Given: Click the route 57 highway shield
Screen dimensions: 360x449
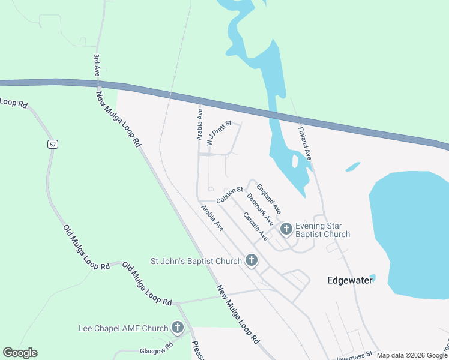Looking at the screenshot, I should coord(53,144).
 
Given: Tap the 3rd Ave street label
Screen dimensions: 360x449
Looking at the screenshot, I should coord(96,64).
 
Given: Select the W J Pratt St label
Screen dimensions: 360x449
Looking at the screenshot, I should coord(218,134).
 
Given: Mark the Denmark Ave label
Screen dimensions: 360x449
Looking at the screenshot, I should coord(259,209).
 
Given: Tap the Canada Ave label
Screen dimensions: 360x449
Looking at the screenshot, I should coord(255,226).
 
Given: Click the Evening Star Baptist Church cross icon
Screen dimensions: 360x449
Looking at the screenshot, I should coord(286,228).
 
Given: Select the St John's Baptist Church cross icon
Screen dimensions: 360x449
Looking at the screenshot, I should coord(252,260).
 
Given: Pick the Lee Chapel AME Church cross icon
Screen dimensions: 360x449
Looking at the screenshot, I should coord(178,328).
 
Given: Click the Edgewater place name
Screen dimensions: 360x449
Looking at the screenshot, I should coord(349,280).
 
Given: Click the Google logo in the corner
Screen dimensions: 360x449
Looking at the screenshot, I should coord(20,353).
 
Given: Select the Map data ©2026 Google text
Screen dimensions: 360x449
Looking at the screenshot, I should coord(412,355).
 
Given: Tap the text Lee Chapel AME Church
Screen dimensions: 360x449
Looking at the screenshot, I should coord(123,328).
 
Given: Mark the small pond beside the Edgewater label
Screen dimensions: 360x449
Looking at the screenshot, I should coord(372,277).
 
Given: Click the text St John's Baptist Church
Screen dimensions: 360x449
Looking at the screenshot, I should coord(196,261).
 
